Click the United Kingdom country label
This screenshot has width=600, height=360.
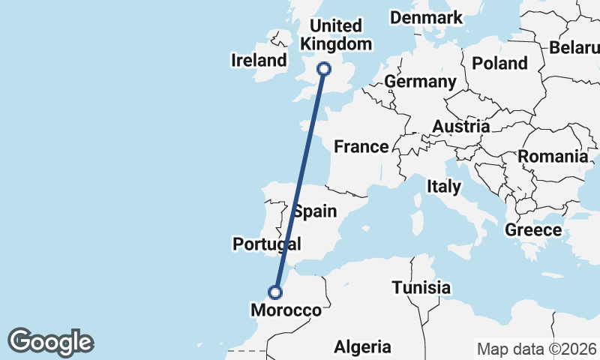[x=335, y=35]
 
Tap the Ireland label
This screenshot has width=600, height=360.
[x=259, y=60]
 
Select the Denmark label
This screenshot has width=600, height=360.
[x=426, y=17]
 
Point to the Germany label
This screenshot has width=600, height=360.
[x=420, y=81]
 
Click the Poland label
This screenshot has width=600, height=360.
[x=500, y=63]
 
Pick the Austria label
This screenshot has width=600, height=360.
[x=460, y=127]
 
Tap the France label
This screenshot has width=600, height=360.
[x=361, y=146]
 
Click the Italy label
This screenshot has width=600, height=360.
[x=443, y=185]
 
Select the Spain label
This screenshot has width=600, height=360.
[x=315, y=211]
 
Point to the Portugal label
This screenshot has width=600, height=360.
[x=266, y=244]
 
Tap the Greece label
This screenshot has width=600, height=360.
[x=533, y=229]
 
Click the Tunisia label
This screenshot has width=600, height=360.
[x=421, y=287]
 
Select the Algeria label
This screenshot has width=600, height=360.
[x=363, y=346]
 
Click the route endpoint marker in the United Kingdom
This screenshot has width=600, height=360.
[x=324, y=69]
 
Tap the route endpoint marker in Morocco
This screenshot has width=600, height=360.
[x=277, y=292]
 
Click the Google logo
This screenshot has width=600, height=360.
[x=50, y=341]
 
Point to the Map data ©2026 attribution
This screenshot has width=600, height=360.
[x=537, y=349]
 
